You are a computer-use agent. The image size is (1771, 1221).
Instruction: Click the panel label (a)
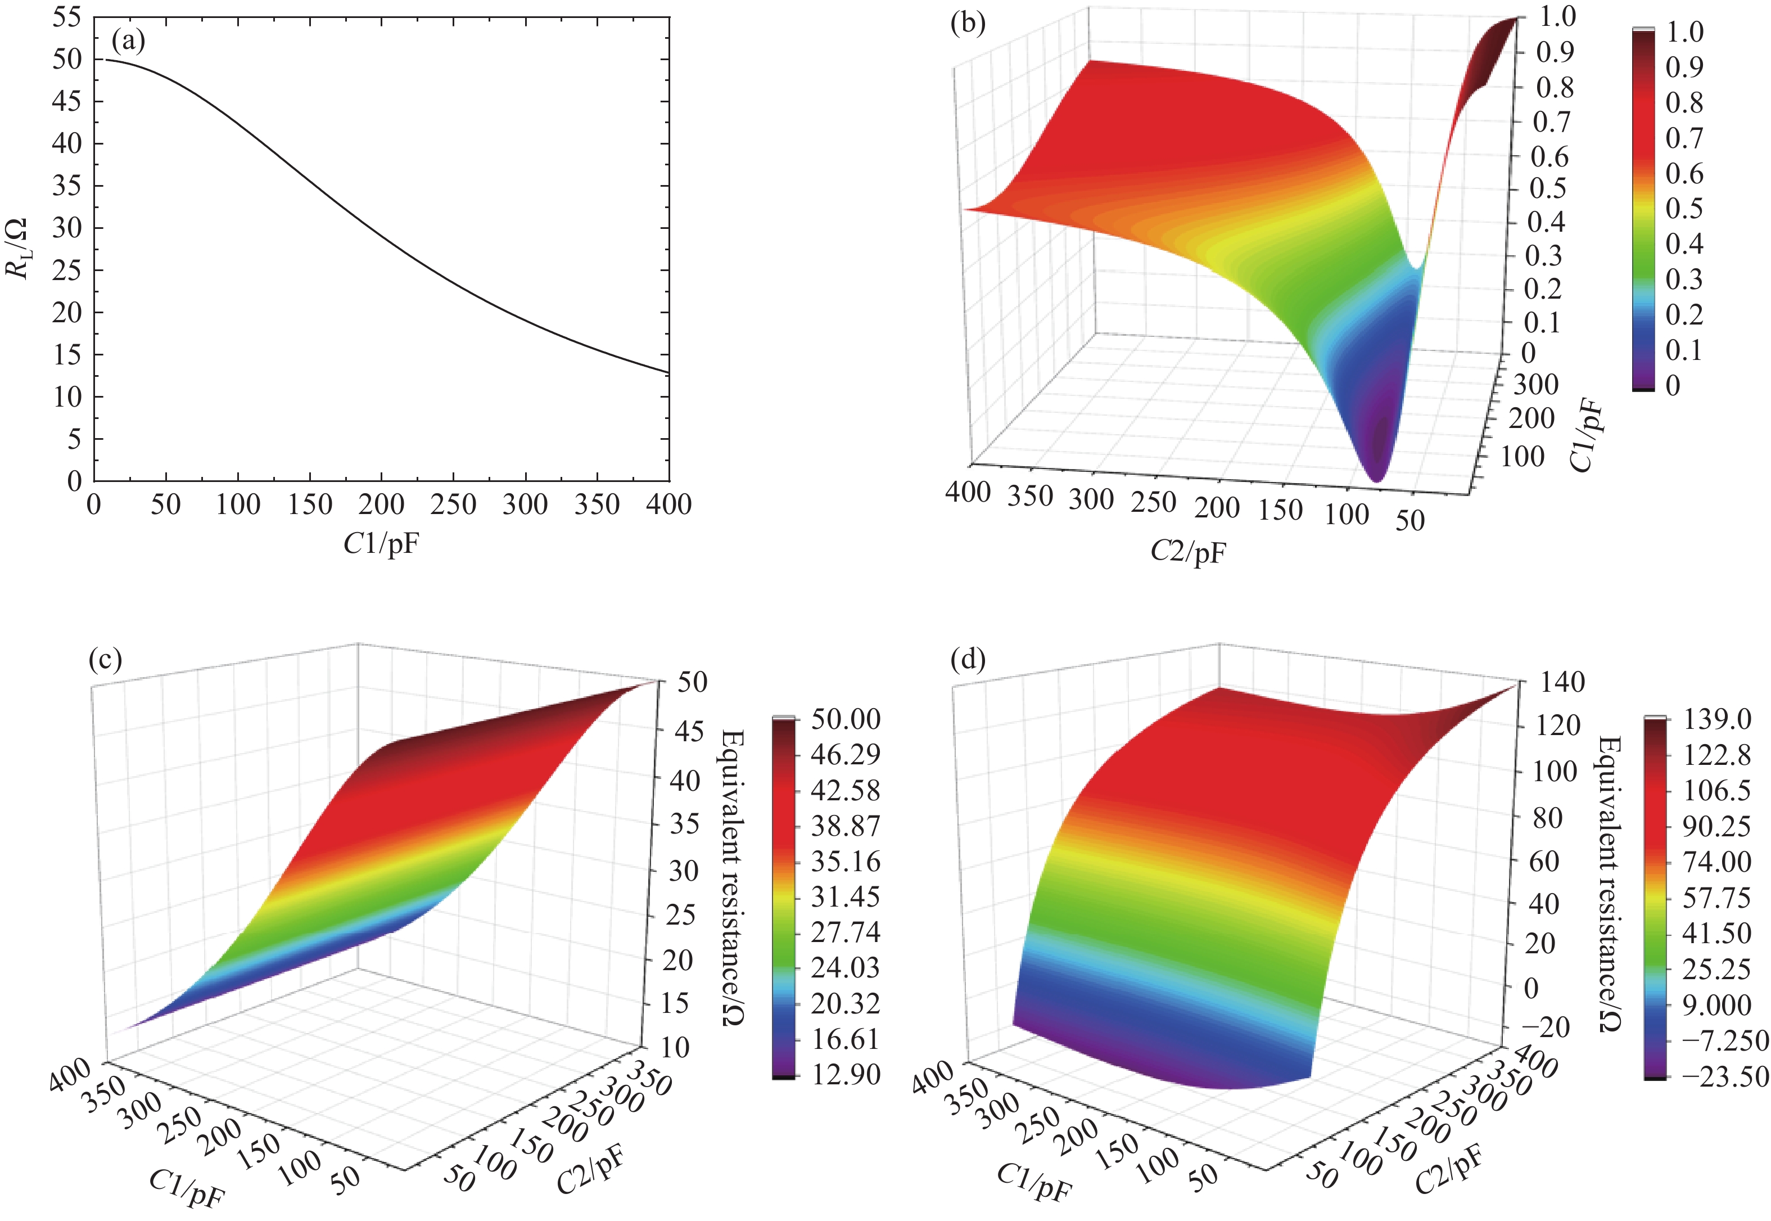click(128, 40)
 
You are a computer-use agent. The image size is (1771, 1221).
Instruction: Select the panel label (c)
click(106, 660)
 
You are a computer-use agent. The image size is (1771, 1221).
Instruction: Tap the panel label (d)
click(968, 660)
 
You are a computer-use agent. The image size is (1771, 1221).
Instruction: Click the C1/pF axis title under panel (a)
click(381, 543)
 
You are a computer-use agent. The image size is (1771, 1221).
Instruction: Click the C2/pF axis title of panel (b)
click(1187, 551)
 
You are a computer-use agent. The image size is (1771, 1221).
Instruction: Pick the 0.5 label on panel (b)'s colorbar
click(1684, 208)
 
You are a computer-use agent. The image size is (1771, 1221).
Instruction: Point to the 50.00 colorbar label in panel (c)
click(846, 719)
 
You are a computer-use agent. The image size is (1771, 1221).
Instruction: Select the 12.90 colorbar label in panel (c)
click(846, 1075)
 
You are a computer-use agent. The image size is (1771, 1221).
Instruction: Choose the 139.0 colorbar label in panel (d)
click(1716, 719)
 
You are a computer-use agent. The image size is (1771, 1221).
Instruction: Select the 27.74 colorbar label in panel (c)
click(846, 932)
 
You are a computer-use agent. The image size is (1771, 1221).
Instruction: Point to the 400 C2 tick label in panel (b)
click(968, 492)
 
